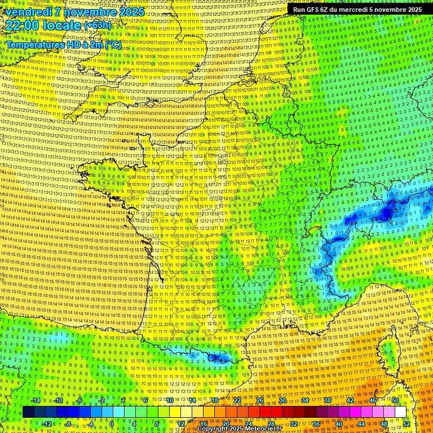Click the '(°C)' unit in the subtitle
(112, 44)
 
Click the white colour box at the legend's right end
(400, 412)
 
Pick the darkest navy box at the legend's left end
(28, 412)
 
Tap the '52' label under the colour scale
(407, 424)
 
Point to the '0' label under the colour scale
(112, 424)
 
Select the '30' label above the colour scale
(282, 400)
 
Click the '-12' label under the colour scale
(47, 424)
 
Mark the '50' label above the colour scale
(395, 400)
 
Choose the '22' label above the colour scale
(237, 400)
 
